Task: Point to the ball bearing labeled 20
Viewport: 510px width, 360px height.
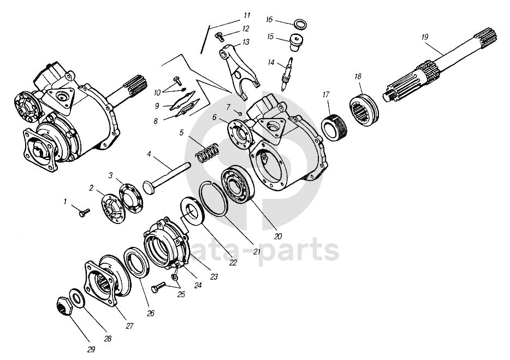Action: (236, 184)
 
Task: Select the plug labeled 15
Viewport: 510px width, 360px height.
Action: (296, 43)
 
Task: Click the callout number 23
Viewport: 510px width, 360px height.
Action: (214, 278)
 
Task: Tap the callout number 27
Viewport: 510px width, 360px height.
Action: (129, 327)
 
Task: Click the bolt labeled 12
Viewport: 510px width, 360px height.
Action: (219, 37)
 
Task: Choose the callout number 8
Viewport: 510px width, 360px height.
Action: (156, 121)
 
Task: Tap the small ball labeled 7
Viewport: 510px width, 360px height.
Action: (240, 113)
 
